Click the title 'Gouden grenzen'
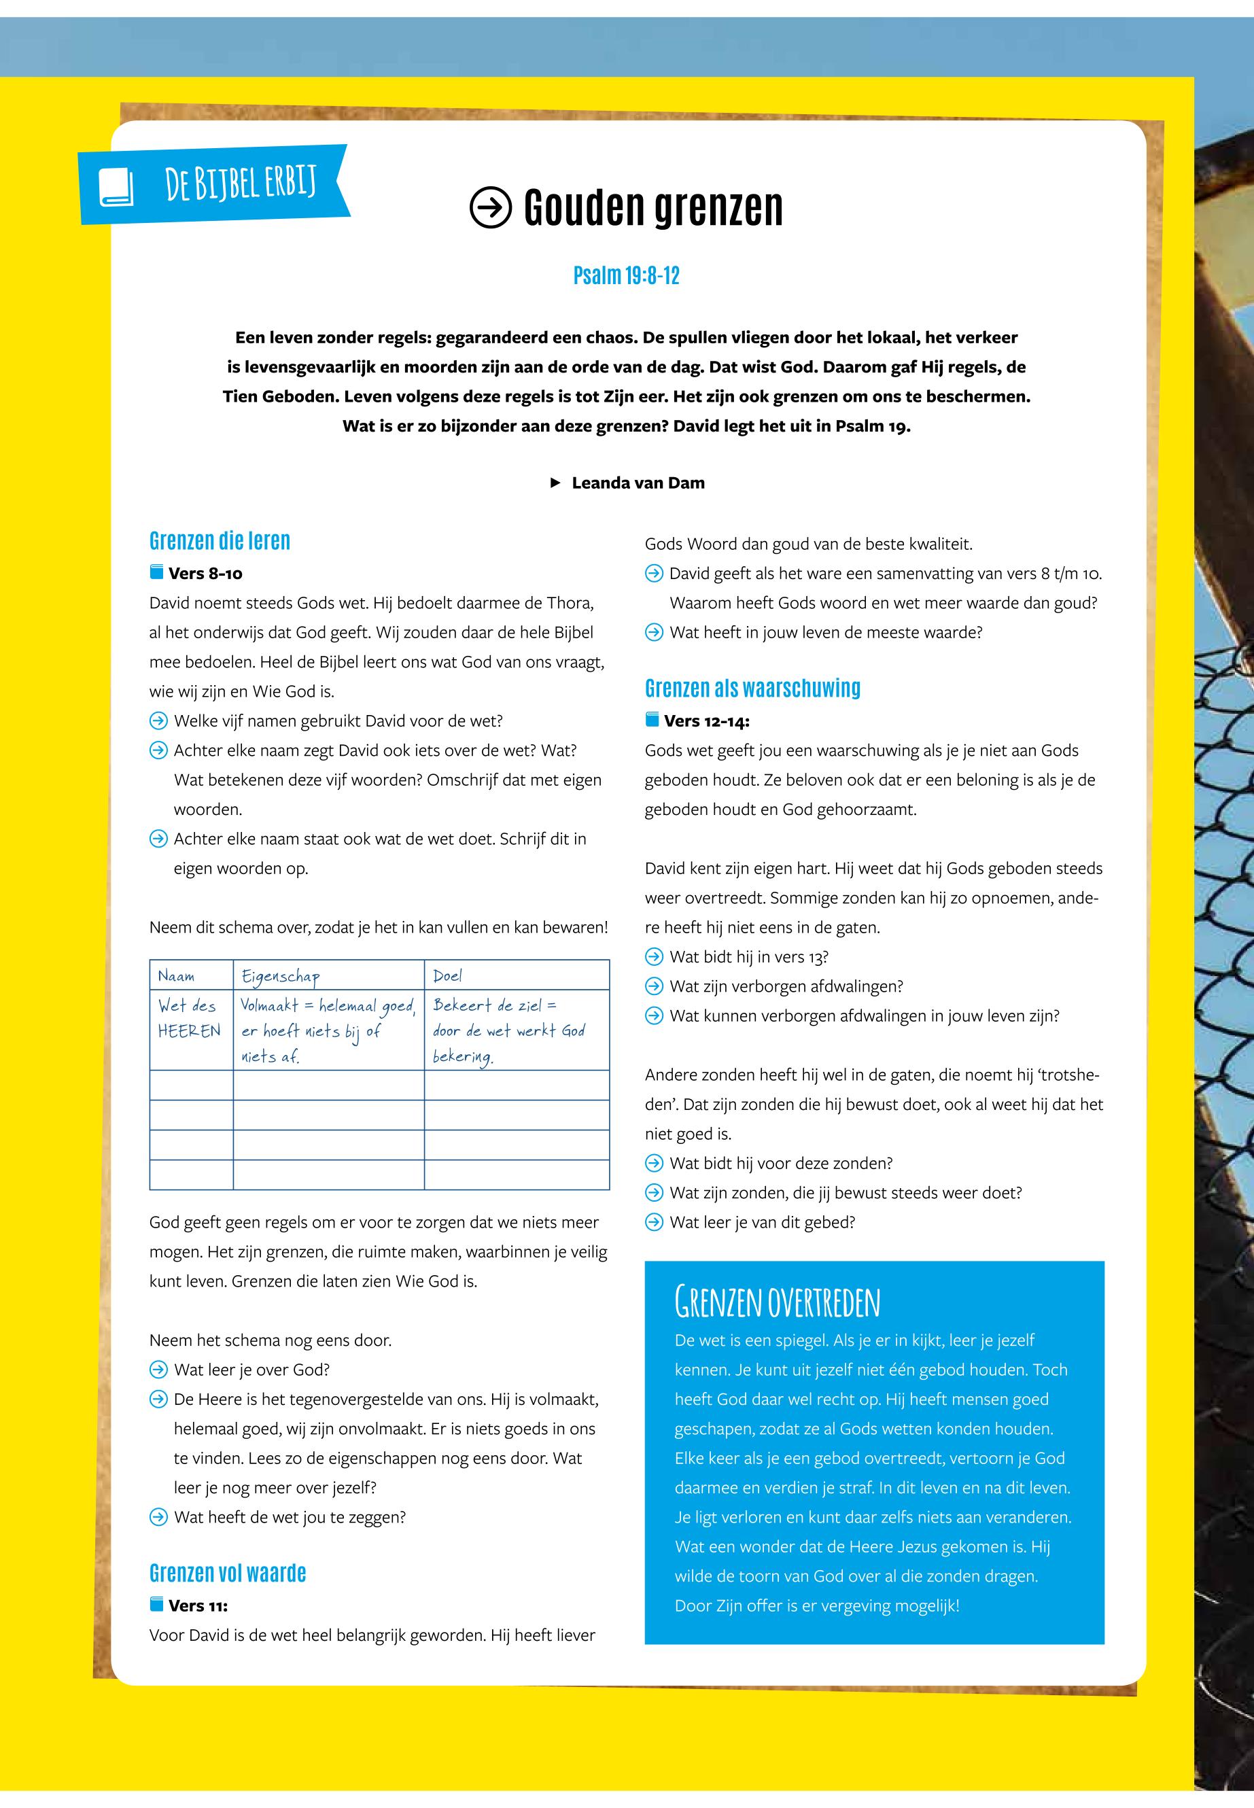coord(653,207)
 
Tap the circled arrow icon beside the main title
coord(490,207)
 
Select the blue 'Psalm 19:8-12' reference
coord(626,276)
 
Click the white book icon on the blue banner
coord(116,188)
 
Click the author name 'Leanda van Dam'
coord(638,483)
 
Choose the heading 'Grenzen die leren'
coord(220,540)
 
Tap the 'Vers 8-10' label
coord(205,574)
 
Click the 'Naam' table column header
coord(177,975)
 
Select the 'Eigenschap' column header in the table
coord(281,976)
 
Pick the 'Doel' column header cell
coord(448,975)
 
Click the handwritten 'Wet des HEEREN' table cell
coord(190,1018)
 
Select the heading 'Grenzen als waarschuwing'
coord(752,689)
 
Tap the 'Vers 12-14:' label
coord(706,720)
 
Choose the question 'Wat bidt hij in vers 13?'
coord(748,957)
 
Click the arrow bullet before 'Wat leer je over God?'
coord(159,1370)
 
